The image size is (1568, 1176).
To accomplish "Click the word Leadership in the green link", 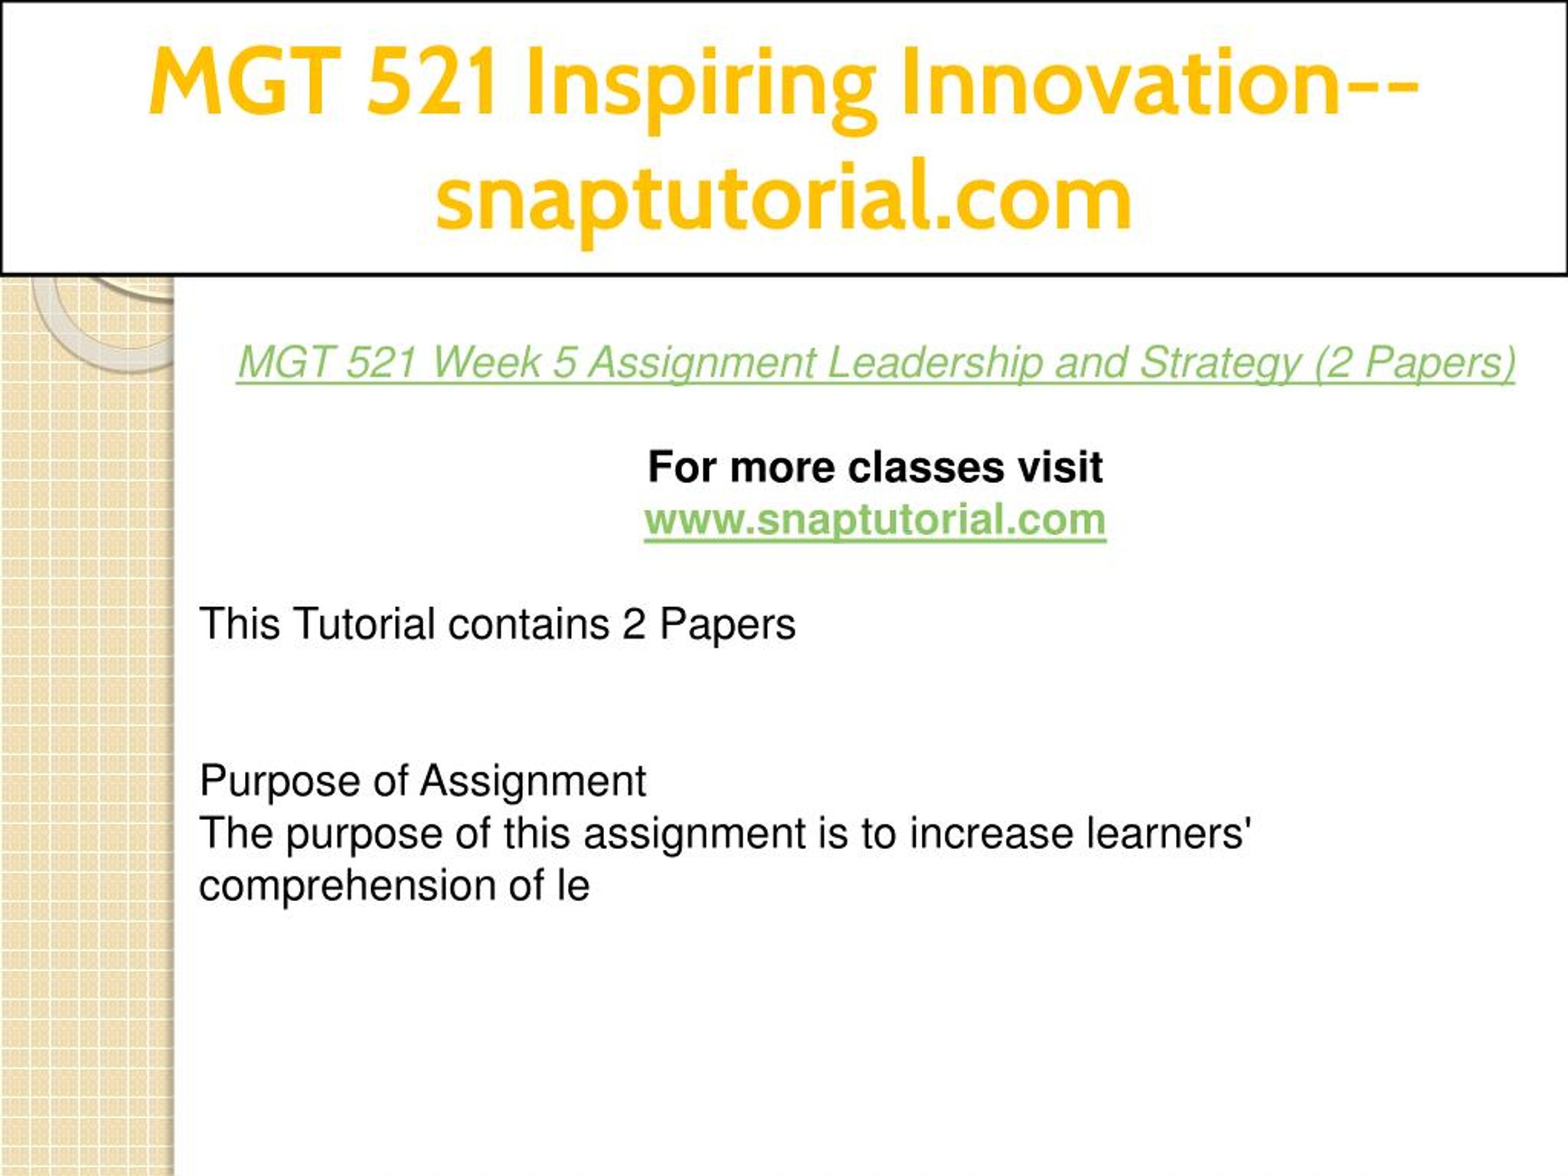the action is [935, 363].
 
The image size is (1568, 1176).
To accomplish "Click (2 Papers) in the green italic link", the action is [1415, 363].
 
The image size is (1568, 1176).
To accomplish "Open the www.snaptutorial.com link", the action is [875, 519].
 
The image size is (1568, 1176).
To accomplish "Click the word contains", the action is [529, 624].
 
